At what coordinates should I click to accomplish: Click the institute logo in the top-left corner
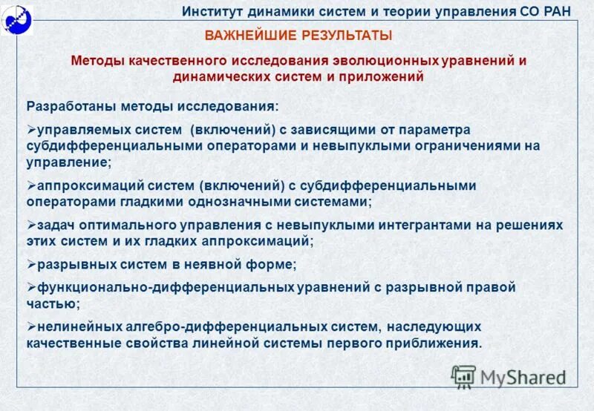pyautogui.click(x=16, y=16)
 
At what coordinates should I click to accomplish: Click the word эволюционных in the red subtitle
pyautogui.click(x=381, y=61)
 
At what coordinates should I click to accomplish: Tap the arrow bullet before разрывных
pyautogui.click(x=30, y=264)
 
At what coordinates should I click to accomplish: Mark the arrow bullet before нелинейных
pyautogui.click(x=30, y=326)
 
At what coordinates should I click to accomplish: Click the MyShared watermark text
pyautogui.click(x=523, y=377)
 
